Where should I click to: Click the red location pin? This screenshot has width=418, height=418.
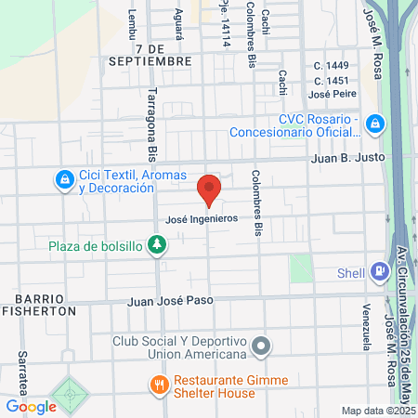pyautogui.click(x=209, y=190)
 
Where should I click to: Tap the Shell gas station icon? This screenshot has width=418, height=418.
pyautogui.click(x=379, y=271)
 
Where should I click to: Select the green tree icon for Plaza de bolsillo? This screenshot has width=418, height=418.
pyautogui.click(x=158, y=245)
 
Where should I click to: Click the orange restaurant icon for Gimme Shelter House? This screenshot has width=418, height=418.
pyautogui.click(x=160, y=382)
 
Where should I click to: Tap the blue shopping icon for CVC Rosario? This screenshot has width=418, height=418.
pyautogui.click(x=373, y=123)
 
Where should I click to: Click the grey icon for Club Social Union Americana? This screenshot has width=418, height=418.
pyautogui.click(x=262, y=346)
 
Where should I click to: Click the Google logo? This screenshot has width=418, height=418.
pyautogui.click(x=31, y=406)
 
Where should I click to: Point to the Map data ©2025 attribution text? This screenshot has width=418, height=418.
pyautogui.click(x=377, y=411)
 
